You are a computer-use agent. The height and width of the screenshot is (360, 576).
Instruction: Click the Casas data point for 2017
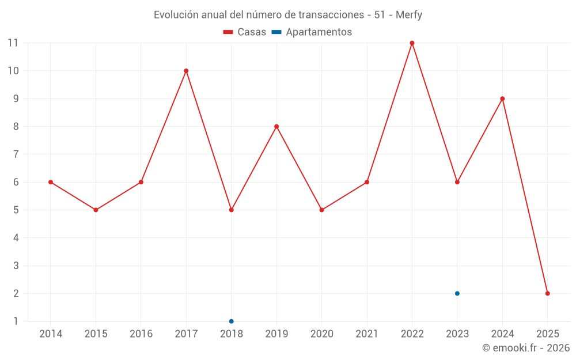(186, 71)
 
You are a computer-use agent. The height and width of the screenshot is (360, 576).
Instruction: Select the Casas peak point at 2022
(412, 43)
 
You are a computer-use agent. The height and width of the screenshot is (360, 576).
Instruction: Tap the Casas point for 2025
(547, 293)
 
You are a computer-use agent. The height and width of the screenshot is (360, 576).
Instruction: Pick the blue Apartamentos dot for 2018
(231, 321)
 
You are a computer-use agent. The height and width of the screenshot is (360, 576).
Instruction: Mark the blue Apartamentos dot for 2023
(457, 293)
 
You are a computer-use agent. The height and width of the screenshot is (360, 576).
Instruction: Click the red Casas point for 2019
(276, 127)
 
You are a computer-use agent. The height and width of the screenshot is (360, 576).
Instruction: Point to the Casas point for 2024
(502, 98)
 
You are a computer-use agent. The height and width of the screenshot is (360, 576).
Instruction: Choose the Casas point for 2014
(51, 182)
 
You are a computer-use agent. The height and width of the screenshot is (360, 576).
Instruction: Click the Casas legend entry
(245, 32)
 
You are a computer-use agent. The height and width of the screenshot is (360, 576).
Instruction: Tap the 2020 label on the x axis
(321, 334)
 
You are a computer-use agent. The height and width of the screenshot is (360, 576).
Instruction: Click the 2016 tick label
(141, 334)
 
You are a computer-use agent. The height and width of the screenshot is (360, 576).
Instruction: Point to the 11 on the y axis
(13, 43)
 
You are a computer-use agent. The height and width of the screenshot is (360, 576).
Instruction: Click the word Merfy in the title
(409, 15)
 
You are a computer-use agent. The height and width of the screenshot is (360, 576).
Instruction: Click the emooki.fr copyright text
(526, 348)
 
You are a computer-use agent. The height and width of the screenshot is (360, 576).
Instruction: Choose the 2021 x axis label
(367, 334)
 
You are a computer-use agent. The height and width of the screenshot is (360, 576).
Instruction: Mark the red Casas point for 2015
(96, 210)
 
